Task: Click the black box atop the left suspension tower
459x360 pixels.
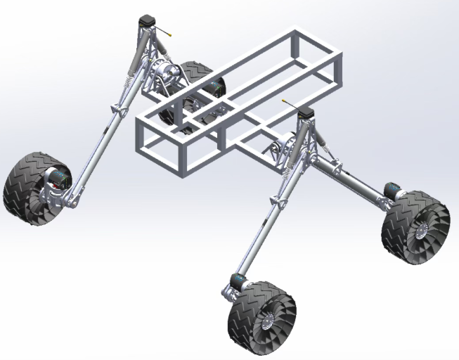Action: [x=146, y=22]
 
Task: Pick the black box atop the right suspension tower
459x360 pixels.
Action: [x=307, y=113]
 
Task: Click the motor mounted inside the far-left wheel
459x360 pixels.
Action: [x=56, y=178]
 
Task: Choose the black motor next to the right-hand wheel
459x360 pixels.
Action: [x=391, y=190]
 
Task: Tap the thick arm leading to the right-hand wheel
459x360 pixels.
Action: [x=351, y=175]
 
